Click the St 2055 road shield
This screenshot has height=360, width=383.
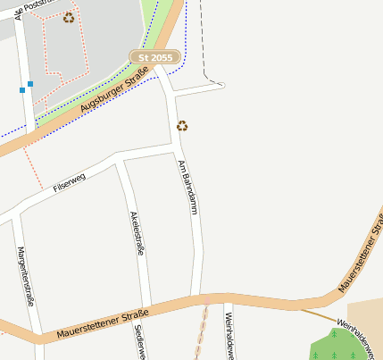[155, 57]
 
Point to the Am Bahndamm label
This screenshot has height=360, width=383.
[187, 186]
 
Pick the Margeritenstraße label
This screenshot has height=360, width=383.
[25, 276]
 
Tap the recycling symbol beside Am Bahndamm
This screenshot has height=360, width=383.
[182, 126]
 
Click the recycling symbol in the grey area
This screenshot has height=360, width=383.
[69, 18]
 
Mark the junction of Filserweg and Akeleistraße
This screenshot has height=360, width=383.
[121, 161]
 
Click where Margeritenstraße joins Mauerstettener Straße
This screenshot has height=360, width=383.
[38, 338]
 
